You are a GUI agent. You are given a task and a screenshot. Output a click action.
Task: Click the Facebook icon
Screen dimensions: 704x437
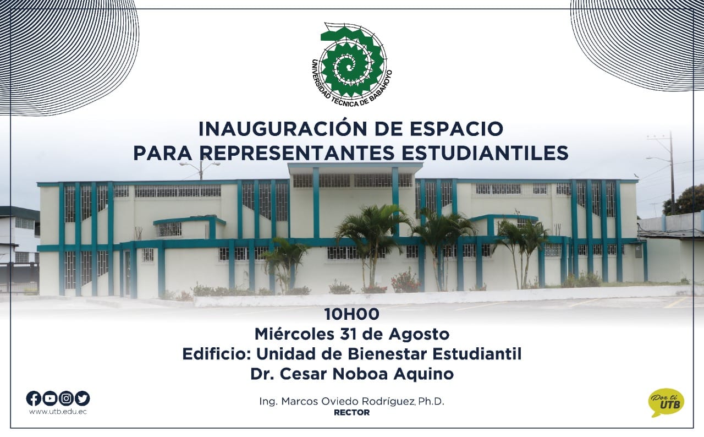click(x=34, y=398)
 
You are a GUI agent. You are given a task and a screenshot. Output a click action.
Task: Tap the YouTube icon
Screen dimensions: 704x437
click(x=50, y=398)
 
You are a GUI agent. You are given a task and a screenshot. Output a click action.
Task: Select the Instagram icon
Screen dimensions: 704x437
click(x=66, y=398)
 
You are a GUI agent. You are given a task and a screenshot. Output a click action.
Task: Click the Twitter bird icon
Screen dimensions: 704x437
click(x=82, y=398)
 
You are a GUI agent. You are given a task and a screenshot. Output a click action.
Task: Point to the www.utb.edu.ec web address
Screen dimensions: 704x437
click(x=58, y=412)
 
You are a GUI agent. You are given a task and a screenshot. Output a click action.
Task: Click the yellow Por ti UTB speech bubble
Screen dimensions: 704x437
click(x=666, y=402)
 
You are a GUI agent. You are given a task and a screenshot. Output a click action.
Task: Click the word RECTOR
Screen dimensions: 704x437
click(x=351, y=412)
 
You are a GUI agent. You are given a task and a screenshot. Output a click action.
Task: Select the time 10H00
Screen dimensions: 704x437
click(x=351, y=314)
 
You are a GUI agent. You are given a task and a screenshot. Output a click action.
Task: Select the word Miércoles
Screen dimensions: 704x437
click(x=294, y=334)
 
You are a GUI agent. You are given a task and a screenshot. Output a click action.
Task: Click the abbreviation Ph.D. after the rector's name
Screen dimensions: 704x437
click(x=432, y=401)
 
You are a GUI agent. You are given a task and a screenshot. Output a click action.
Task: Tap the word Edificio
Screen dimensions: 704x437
click(x=217, y=354)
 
